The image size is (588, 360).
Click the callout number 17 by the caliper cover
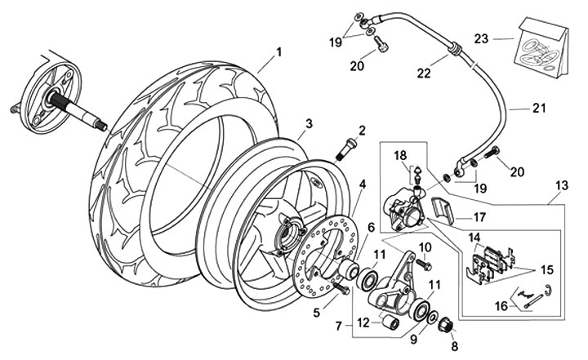(480, 218)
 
